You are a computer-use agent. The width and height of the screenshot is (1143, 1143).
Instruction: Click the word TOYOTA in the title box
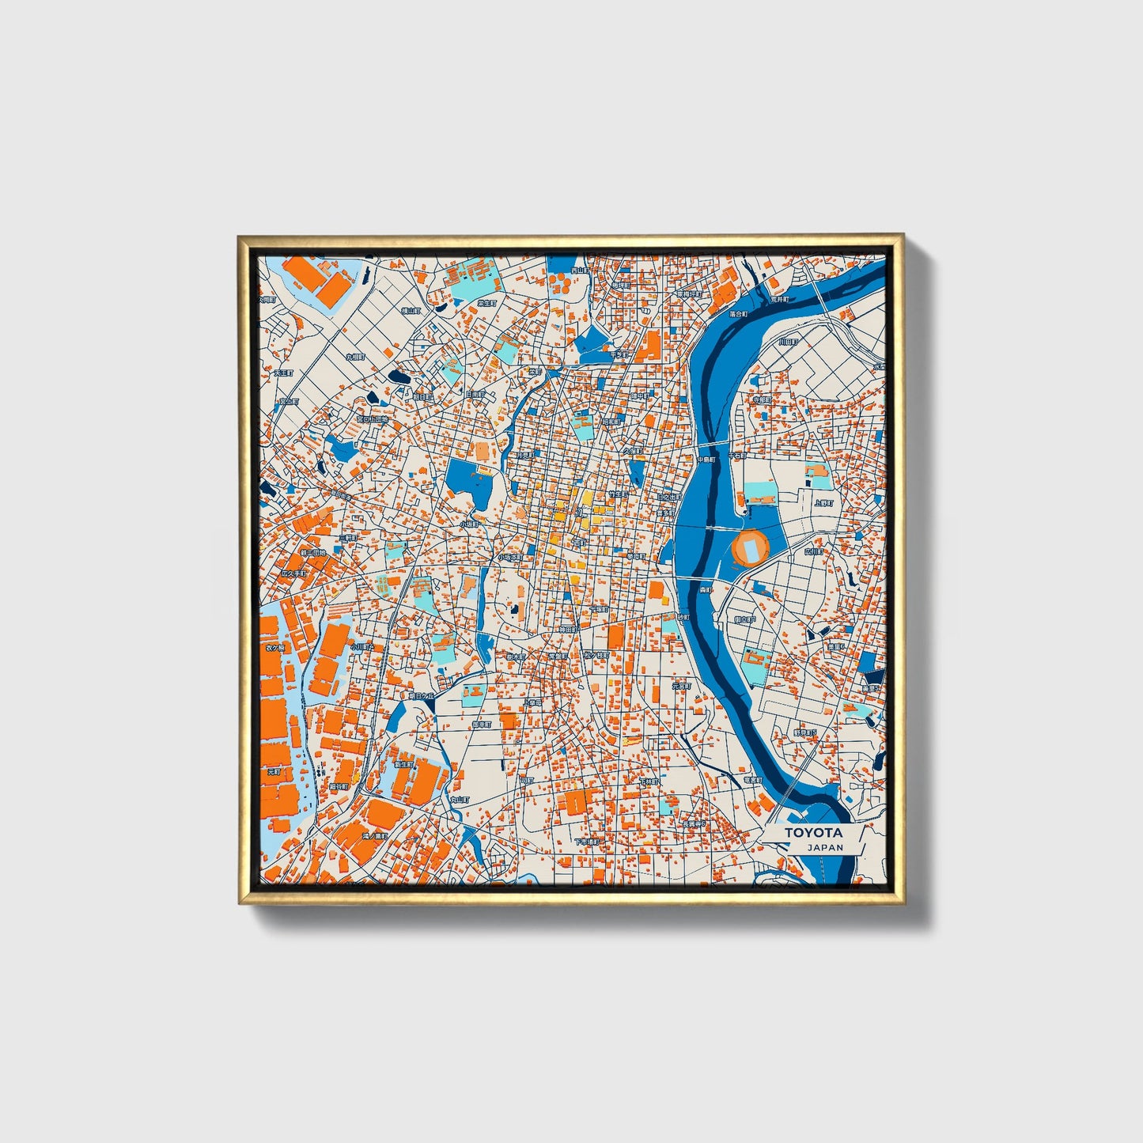coord(813,833)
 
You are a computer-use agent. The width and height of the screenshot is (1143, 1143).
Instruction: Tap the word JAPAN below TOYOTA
coord(825,847)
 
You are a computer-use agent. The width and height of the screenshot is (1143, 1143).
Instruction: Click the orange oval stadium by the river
coord(750,547)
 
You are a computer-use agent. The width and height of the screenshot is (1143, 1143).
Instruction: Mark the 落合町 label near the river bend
coord(739,314)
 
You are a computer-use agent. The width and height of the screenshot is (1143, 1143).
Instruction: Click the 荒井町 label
coord(780,300)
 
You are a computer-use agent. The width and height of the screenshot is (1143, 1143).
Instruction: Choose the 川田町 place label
coord(787,343)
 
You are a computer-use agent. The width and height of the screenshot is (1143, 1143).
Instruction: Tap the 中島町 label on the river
coord(706,458)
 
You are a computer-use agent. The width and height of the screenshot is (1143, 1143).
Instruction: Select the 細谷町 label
coord(339,787)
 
